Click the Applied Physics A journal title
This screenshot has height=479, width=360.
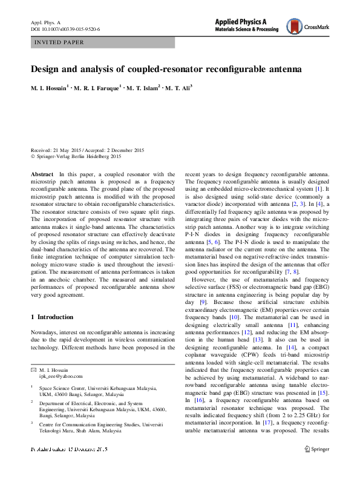click(x=249, y=21)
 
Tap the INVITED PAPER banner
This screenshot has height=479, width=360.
click(x=59, y=42)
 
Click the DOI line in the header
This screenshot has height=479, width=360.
click(x=65, y=28)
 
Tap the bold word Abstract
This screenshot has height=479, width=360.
click(x=42, y=174)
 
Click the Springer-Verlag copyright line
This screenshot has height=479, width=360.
click(x=83, y=156)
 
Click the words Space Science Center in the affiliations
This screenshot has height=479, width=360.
click(x=64, y=387)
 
